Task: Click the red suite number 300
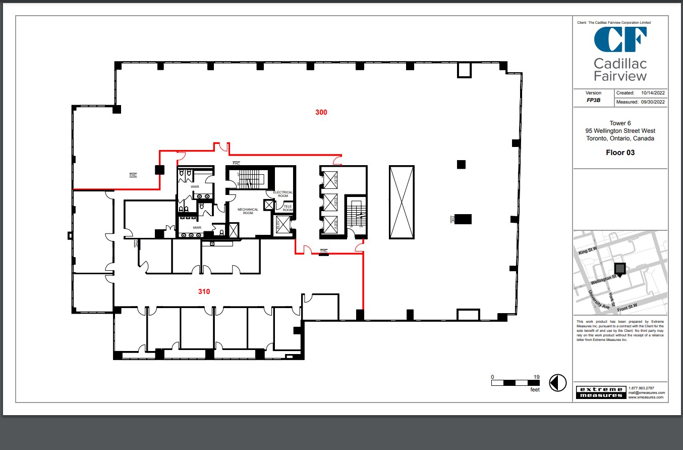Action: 321,112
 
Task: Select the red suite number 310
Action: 204,291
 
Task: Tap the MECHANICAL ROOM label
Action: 248,211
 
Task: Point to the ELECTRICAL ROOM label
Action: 283,194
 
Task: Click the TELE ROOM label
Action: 287,208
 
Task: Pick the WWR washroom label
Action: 195,187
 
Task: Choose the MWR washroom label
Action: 196,228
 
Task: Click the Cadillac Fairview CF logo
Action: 620,40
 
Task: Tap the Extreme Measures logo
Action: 600,392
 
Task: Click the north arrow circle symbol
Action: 558,383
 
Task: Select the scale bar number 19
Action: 537,377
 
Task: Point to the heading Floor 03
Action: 620,153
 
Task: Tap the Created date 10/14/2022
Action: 653,93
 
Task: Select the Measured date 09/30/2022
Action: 653,102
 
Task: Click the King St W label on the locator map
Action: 588,249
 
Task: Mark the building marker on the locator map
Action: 619,269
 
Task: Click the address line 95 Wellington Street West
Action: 620,131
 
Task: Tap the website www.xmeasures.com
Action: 646,397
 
